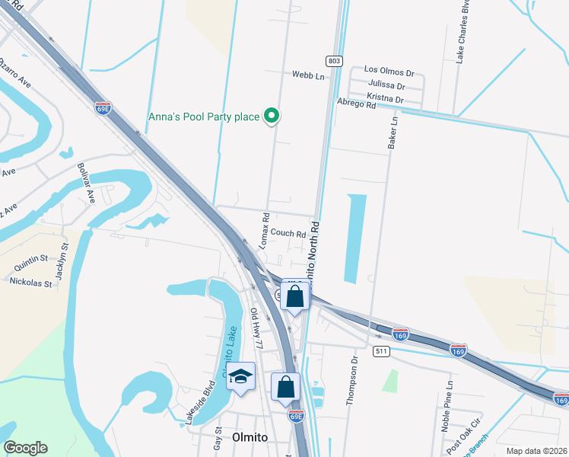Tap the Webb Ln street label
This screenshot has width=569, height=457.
[308, 75]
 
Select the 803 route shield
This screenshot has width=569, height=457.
[335, 60]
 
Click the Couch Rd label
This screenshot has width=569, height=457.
[288, 234]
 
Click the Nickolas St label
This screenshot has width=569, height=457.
[30, 282]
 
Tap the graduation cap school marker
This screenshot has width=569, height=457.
[241, 377]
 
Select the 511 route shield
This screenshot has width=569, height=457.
[382, 351]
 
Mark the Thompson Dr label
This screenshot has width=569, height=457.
[353, 379]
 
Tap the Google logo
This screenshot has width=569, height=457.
[25, 448]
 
